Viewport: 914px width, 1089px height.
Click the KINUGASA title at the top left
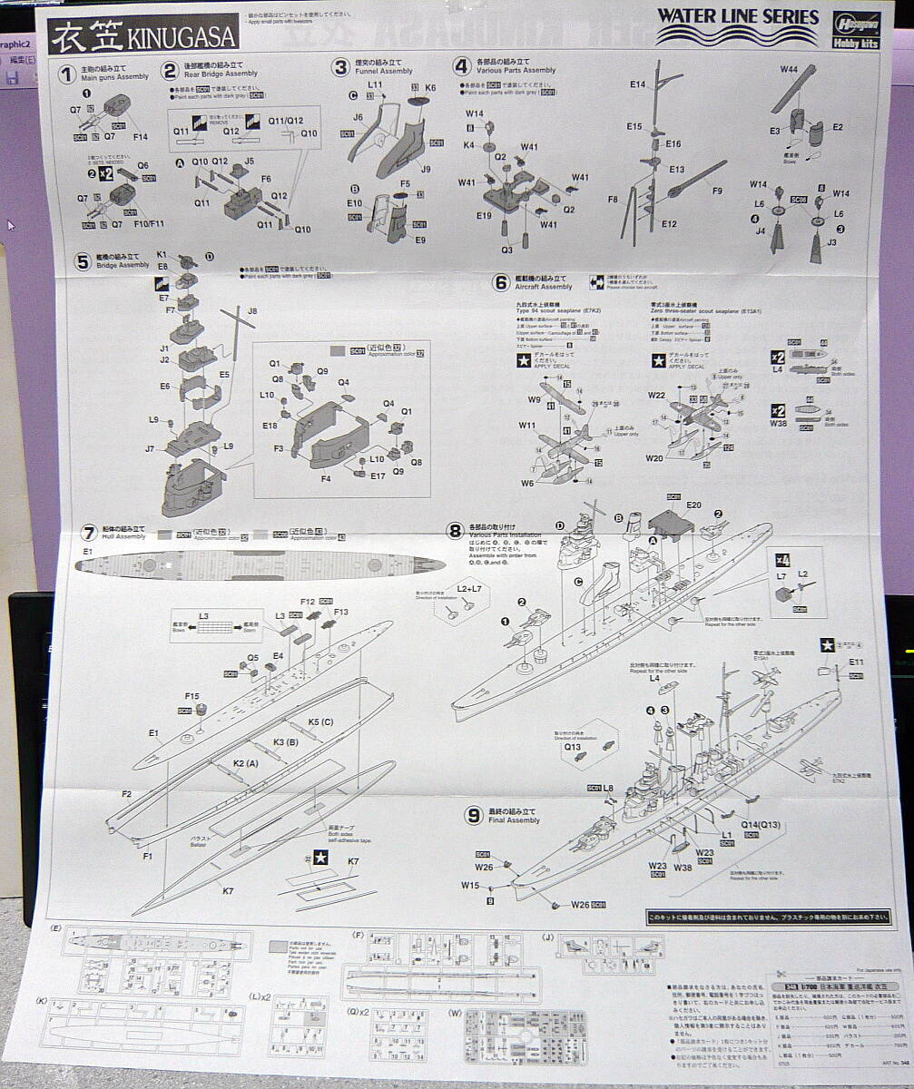(144, 35)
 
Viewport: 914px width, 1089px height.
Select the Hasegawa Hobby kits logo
(855, 30)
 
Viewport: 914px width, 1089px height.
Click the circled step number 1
(66, 73)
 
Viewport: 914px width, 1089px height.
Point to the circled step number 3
(340, 66)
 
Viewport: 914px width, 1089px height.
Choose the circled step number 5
(83, 261)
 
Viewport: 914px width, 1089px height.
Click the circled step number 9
(473, 815)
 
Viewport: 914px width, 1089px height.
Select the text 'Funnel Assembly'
(384, 71)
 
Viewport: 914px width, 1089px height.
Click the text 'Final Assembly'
(516, 820)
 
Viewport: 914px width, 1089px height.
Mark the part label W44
(788, 70)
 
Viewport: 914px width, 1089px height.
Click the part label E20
(693, 505)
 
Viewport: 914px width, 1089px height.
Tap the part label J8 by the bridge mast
(252, 311)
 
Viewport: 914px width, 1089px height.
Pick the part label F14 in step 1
(140, 136)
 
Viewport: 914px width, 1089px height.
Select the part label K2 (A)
(246, 763)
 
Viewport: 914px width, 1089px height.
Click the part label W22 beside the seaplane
(656, 395)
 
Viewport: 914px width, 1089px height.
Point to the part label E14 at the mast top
(637, 84)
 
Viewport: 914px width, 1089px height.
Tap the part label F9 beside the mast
(717, 191)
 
